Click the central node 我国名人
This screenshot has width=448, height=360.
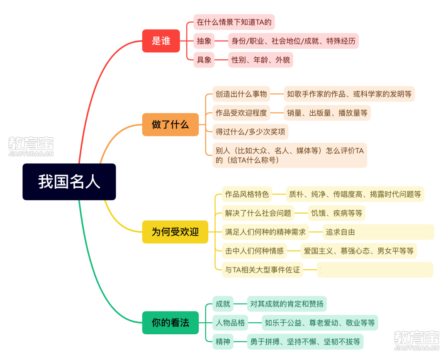pos(69,182)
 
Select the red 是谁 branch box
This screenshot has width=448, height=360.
pos(161,41)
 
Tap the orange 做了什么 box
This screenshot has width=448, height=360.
pos(170,124)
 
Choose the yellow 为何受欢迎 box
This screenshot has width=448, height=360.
pos(175,232)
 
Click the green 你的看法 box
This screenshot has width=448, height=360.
pos(170,323)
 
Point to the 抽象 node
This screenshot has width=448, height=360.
pos(204,41)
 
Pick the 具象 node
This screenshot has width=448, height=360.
pos(204,60)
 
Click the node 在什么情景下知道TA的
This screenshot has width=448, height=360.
pos(234,22)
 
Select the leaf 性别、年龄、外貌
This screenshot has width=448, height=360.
pos(261,60)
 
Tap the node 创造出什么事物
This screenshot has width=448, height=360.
pos(241,94)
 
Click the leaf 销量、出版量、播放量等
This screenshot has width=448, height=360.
pos(327,113)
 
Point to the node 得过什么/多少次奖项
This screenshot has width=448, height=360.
pos(250,132)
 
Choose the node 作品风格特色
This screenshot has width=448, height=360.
pos(247,194)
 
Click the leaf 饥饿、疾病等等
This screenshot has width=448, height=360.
pos(336,213)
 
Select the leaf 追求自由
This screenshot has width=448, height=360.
pos(378,232)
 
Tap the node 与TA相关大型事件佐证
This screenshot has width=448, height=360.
pos(263,270)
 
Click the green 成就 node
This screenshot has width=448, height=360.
pos(223,304)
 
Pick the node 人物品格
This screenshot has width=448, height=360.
pos(230,323)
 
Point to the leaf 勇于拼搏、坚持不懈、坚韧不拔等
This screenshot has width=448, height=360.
pos(305,341)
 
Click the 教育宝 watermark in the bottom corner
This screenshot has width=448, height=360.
pos(416,341)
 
